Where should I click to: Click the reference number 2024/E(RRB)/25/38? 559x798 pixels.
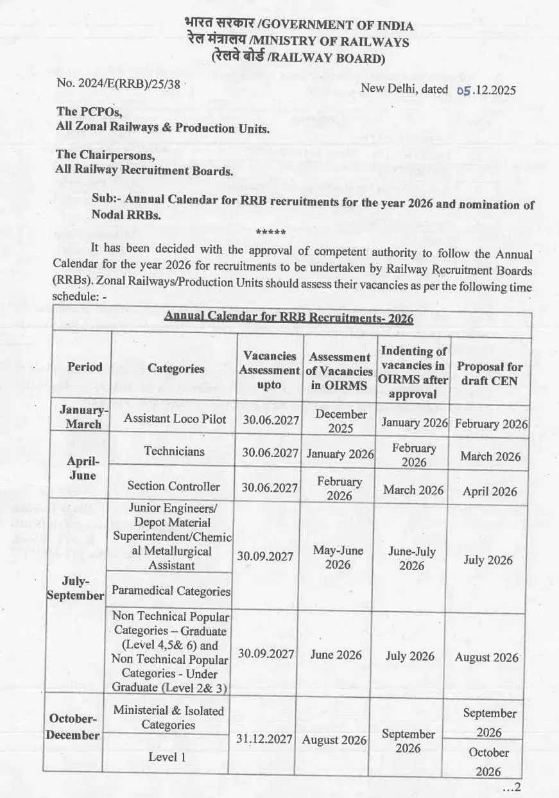(x=120, y=83)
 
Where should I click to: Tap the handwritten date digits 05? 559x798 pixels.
(x=463, y=91)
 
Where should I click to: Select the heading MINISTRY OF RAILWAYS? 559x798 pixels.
(x=332, y=42)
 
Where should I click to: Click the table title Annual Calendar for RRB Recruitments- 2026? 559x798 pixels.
(x=289, y=318)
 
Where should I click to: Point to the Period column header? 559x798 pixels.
(x=84, y=367)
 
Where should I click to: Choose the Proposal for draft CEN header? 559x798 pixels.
(x=489, y=374)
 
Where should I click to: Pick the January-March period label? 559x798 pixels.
(x=84, y=417)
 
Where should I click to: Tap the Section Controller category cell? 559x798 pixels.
(x=173, y=486)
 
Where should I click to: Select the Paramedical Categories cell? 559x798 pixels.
(x=171, y=591)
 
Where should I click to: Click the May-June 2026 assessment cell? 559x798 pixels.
(x=338, y=557)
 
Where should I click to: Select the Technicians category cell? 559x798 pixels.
(x=174, y=451)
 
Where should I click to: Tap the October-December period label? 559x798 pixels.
(x=73, y=727)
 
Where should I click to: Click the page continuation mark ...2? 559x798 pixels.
(x=513, y=786)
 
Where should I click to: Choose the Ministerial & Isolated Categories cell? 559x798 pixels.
(x=168, y=718)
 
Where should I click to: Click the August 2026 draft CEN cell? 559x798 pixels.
(x=486, y=657)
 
